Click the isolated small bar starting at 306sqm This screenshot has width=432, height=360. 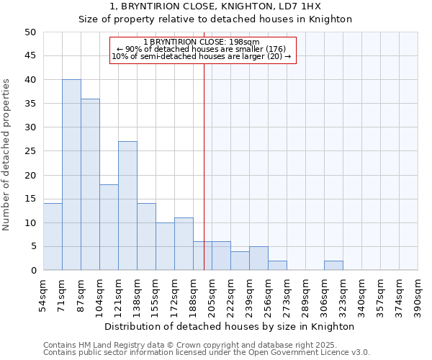click(x=333, y=266)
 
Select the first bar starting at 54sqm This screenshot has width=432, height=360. click(x=53, y=237)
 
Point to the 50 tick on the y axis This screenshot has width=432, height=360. click(x=30, y=32)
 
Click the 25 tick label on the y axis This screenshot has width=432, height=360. click(x=30, y=151)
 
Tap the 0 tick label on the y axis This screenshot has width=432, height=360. click(x=33, y=271)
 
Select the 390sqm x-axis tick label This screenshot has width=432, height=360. click(x=418, y=294)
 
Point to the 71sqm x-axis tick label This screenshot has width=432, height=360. click(x=62, y=294)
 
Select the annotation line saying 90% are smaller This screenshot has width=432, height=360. click(x=201, y=49)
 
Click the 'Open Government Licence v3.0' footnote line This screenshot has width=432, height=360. click(x=207, y=352)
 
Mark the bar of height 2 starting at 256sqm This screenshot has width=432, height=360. click(x=277, y=266)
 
